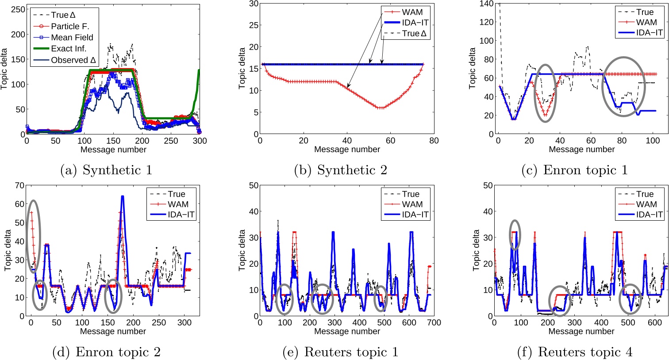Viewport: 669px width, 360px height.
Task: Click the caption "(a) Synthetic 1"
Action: click(x=106, y=170)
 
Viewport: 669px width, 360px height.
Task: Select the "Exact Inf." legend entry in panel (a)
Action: click(x=69, y=49)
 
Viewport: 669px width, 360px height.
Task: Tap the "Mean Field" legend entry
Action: click(x=72, y=38)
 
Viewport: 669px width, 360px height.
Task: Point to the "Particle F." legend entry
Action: click(x=70, y=27)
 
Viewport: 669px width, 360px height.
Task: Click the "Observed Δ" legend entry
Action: click(x=74, y=60)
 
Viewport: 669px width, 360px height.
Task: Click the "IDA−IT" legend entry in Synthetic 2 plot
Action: click(x=415, y=23)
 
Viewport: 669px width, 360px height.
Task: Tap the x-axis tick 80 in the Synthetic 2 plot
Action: click(x=434, y=141)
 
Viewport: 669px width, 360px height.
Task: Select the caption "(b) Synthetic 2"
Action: click(x=340, y=170)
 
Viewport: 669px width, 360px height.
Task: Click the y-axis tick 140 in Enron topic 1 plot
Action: click(x=488, y=4)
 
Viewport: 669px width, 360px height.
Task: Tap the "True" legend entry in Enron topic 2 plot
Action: click(x=177, y=194)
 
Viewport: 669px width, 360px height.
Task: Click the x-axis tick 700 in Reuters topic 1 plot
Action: click(x=434, y=323)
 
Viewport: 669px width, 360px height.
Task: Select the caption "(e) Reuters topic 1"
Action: click(x=340, y=352)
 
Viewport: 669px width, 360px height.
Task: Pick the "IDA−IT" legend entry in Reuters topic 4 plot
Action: click(x=649, y=214)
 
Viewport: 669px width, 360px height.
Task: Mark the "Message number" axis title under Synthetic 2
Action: click(x=347, y=149)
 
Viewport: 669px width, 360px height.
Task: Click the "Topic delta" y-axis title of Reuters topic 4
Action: click(x=477, y=250)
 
